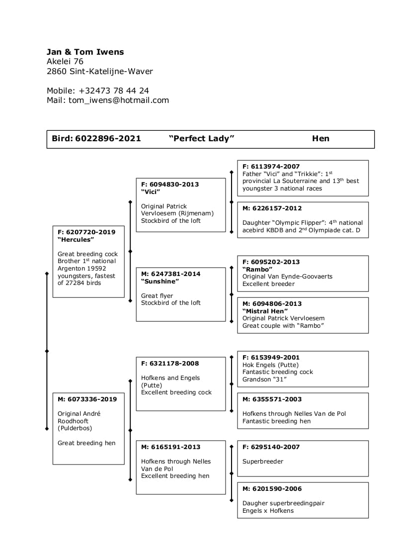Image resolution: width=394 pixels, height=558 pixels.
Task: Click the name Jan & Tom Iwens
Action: coord(85,52)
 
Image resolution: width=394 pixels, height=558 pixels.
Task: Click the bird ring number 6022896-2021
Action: coord(108,139)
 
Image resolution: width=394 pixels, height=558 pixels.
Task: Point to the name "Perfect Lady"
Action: coord(201,139)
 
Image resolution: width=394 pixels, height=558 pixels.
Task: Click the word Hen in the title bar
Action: coord(320,139)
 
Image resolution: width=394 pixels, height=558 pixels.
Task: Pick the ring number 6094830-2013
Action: coord(174,184)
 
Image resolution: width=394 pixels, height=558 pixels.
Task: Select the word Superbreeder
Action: coord(263,462)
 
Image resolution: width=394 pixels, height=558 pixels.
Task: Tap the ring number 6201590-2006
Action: coord(276,488)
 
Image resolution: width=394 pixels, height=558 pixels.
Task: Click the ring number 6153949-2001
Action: coord(275,357)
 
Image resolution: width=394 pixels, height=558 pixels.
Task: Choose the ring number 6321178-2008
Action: coord(174,363)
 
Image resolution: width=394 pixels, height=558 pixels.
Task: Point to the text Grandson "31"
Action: coord(265,379)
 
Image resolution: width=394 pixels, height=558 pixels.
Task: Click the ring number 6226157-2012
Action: coord(276,208)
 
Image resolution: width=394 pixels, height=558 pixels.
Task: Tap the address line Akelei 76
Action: coord(65,62)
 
